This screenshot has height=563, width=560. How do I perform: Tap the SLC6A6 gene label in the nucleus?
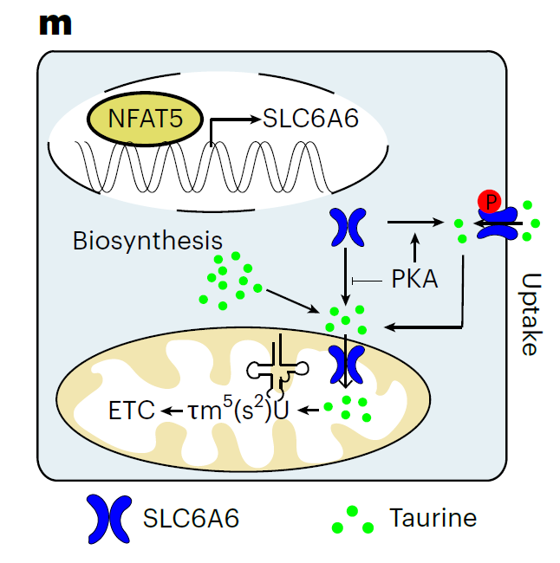pos(309,119)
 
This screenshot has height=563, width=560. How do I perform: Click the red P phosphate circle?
pos(490,203)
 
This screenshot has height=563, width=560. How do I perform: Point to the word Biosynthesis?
pos(147,240)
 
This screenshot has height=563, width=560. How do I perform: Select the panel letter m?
pos(56,23)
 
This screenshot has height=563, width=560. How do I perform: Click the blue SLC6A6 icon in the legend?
pos(107,519)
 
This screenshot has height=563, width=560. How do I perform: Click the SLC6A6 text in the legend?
pos(192,519)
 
